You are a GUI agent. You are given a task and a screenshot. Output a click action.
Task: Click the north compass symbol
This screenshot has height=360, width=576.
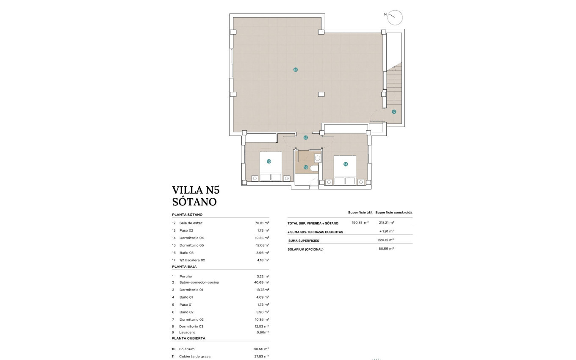coord(395,17)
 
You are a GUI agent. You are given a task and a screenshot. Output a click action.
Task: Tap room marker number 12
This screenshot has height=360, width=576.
coord(295,69)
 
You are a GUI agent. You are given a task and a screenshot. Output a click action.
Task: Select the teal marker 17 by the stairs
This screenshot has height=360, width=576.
coord(394,112)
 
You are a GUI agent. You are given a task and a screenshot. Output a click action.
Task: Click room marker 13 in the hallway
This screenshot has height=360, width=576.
coord(305,138)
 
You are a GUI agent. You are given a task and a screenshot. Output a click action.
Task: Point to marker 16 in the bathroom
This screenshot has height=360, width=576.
coord(306,167)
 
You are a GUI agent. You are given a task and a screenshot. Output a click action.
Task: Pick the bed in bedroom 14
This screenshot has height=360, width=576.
coord(345,170)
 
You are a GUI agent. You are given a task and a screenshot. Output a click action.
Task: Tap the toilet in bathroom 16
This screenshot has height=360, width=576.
coord(314,168)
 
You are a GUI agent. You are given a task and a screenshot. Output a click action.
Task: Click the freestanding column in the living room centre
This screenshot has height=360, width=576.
coord(321,94)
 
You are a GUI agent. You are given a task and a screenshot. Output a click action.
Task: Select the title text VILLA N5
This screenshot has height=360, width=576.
coord(196,190)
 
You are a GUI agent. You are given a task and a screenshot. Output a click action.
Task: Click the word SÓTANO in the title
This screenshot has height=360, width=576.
coord(194,202)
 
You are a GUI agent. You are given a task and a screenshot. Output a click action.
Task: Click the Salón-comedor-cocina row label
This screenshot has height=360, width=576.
coord(199,282)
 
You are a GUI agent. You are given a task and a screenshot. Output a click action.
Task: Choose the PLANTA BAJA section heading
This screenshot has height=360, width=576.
coord(184,267)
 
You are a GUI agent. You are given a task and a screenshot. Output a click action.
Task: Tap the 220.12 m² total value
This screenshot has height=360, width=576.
coord(386,240)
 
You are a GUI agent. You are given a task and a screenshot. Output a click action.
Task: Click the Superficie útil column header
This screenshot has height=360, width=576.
coord(360,212)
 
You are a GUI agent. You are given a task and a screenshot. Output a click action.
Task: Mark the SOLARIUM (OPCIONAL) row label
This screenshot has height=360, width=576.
coord(305,249)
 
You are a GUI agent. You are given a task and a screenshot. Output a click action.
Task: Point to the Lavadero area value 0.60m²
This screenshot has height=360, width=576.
coord(263,332)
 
